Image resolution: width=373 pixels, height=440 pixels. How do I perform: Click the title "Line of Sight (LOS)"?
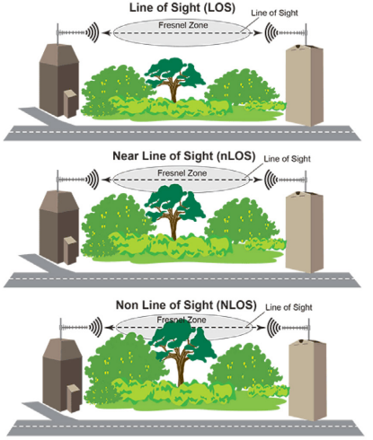click(x=182, y=7)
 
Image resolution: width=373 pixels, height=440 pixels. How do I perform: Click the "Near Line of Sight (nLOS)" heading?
click(x=184, y=156)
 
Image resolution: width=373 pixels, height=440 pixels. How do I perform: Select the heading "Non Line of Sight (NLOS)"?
click(x=186, y=305)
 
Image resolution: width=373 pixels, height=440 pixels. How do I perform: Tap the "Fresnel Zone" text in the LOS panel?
click(x=183, y=25)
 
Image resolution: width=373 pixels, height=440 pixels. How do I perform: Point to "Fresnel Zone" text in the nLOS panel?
click(x=182, y=173)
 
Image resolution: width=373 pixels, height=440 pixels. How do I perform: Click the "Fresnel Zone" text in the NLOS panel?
click(x=182, y=320)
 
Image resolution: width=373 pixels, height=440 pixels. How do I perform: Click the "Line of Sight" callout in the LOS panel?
click(x=274, y=13)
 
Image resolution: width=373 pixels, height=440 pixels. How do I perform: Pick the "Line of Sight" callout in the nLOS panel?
click(x=287, y=159)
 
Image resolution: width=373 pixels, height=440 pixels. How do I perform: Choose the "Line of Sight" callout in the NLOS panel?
click(x=289, y=307)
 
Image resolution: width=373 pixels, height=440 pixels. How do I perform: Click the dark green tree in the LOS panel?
click(x=175, y=78)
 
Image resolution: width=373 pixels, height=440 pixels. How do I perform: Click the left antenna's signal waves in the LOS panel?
click(x=93, y=32)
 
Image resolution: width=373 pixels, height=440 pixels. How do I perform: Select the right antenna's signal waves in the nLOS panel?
click(x=271, y=180)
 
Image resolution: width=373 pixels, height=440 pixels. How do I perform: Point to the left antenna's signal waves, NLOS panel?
click(x=96, y=328)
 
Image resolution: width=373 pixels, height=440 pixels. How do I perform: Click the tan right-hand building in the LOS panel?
click(x=305, y=85)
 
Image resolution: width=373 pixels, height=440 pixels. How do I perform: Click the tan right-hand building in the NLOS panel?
click(x=307, y=381)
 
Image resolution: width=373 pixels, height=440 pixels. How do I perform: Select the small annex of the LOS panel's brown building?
click(x=70, y=104)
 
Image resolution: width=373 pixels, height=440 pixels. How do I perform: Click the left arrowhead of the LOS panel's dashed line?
click(x=105, y=32)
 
